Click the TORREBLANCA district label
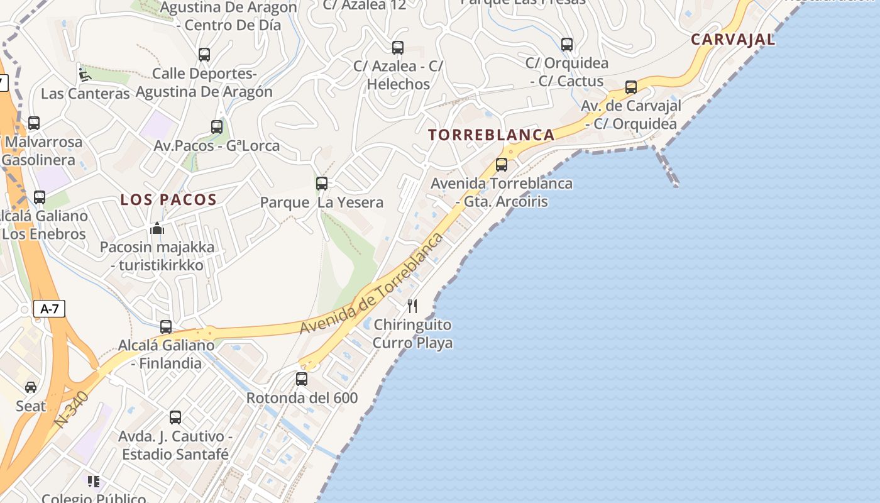click(491, 135)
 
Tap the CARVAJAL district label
click(733, 40)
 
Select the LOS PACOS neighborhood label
click(168, 200)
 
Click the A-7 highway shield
click(50, 309)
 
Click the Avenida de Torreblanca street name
click(372, 285)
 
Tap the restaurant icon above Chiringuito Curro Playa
click(412, 306)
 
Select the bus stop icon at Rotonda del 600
click(302, 379)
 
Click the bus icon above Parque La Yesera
click(322, 184)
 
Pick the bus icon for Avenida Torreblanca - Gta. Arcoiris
click(502, 165)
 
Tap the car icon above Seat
click(31, 387)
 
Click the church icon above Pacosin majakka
click(157, 228)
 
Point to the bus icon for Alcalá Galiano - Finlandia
click(166, 327)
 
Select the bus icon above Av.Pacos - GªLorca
click(217, 127)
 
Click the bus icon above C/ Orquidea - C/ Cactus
click(567, 45)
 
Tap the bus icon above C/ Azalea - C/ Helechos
click(398, 48)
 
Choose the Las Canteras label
click(85, 94)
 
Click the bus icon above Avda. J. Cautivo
click(175, 417)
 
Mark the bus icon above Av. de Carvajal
click(631, 87)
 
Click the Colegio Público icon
click(94, 482)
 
